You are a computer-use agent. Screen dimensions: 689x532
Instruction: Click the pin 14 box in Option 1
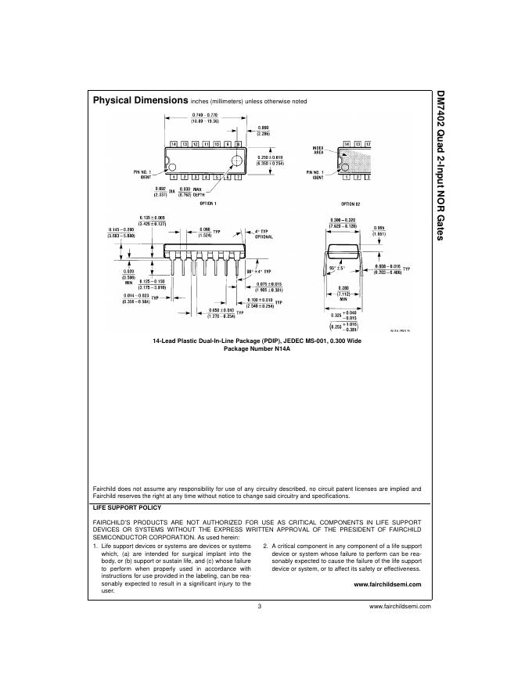click(x=174, y=144)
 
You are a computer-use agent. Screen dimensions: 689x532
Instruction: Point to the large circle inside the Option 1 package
click(x=235, y=161)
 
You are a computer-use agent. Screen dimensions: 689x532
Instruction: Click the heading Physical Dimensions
click(x=141, y=101)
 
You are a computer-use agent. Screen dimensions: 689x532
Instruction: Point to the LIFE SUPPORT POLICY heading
click(x=127, y=507)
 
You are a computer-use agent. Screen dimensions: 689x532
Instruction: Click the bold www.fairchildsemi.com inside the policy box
click(x=387, y=584)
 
